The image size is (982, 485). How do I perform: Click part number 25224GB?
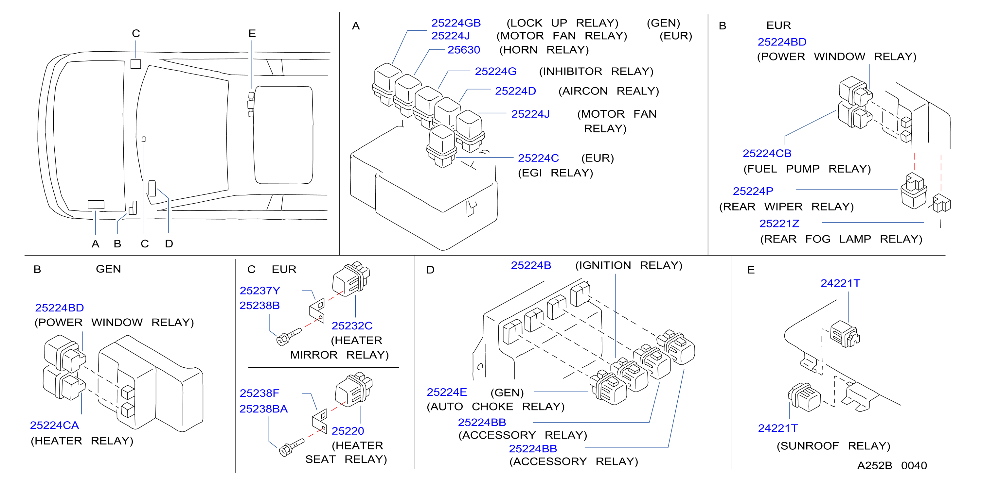[456, 23]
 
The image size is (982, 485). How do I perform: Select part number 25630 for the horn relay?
[464, 50]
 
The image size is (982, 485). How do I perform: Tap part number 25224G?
[495, 71]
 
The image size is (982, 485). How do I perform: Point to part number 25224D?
[515, 91]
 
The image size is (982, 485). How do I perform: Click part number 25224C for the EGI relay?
[538, 158]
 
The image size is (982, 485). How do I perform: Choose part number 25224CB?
[767, 153]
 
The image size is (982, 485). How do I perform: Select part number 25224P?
[753, 191]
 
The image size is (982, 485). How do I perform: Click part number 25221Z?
[779, 224]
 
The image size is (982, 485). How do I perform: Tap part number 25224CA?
[55, 425]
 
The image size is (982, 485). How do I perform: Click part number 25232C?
[352, 326]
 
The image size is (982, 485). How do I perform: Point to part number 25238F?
[259, 393]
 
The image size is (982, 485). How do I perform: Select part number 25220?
[348, 431]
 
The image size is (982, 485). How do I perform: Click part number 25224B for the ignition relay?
[531, 265]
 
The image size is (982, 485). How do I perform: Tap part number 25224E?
[447, 392]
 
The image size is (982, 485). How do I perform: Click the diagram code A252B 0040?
[892, 466]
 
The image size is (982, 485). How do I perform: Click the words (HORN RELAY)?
[544, 50]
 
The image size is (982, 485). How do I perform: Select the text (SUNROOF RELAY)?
[833, 446]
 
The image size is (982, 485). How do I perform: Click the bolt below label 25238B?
[289, 337]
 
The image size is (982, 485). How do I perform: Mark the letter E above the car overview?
[252, 34]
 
